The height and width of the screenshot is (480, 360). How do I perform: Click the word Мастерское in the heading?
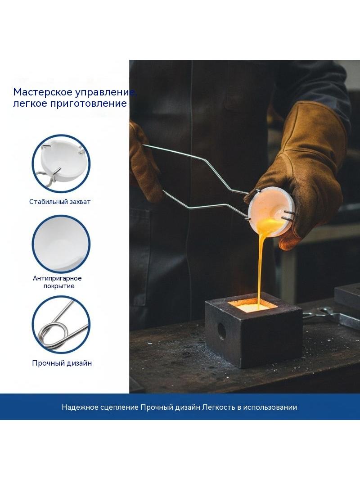39,92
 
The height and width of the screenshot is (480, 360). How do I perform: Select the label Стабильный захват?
60,202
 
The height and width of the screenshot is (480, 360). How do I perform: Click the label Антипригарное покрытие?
57,282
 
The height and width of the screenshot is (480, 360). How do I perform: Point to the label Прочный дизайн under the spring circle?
62,363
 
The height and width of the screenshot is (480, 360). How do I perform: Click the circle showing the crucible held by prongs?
61,163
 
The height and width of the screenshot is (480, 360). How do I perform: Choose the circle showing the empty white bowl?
61,244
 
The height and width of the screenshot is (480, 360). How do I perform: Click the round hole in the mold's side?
221,331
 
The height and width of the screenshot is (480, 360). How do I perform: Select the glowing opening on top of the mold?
252,305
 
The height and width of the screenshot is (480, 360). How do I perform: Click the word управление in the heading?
101,92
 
